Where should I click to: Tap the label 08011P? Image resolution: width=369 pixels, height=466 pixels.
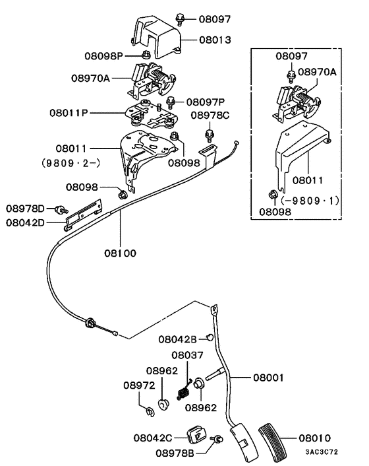(69, 113)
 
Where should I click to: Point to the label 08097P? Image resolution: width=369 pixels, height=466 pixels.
(206, 102)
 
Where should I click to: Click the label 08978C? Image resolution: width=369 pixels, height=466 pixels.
(210, 116)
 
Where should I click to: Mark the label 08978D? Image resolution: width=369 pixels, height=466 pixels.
(26, 209)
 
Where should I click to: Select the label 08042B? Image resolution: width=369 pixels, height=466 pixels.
(177, 339)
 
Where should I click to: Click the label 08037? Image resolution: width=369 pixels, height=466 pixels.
(188, 356)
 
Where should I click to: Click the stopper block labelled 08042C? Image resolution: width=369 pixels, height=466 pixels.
(196, 434)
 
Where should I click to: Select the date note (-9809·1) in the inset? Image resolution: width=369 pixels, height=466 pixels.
(310, 199)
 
